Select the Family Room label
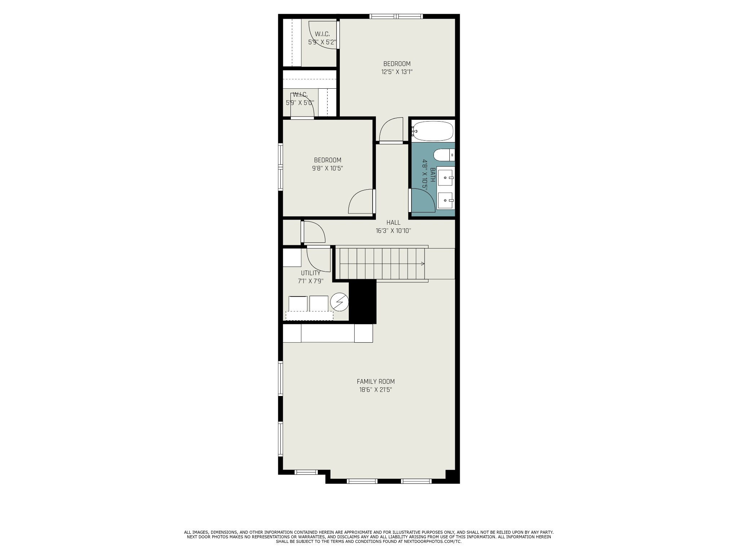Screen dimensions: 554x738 click(x=375, y=382)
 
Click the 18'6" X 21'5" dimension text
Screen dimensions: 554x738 click(x=375, y=390)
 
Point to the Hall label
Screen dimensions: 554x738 click(x=393, y=223)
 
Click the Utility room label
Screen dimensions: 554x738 click(x=311, y=273)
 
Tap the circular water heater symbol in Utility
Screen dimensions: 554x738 click(x=339, y=302)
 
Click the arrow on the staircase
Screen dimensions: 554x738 click(x=422, y=264)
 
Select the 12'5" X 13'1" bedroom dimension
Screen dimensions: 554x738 click(x=397, y=72)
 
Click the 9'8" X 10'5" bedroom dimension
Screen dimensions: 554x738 click(x=328, y=168)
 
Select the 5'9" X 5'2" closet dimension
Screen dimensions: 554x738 click(x=322, y=42)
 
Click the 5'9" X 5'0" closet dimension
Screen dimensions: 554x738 click(x=300, y=102)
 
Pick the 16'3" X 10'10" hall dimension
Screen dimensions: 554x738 click(x=393, y=231)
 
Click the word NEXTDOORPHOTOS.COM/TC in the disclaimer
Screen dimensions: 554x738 click(x=437, y=551)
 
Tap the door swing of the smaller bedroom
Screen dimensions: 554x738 click(x=360, y=202)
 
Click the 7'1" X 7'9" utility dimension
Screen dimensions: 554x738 click(x=311, y=281)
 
